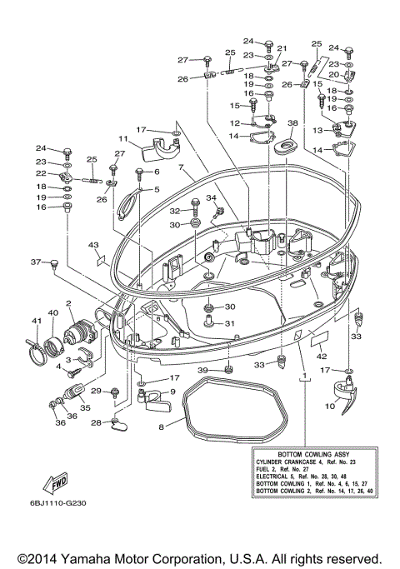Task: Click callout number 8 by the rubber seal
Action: point(162,425)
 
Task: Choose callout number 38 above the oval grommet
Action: point(292,122)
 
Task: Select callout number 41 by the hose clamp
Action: point(36,321)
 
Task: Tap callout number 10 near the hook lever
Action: point(329,407)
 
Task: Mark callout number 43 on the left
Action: point(94,245)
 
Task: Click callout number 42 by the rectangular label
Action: point(321,356)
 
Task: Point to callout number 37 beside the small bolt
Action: point(36,262)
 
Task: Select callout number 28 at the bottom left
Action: point(97,423)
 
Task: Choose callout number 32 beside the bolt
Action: point(176,212)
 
